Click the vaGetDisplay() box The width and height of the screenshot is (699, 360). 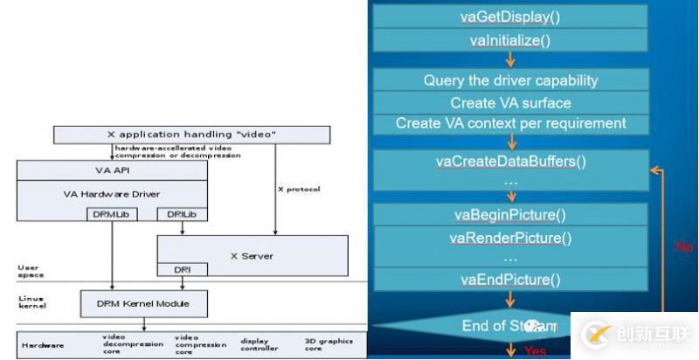tap(510, 17)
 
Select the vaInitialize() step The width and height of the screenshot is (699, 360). tap(510, 40)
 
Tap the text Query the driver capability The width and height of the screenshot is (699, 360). tap(510, 80)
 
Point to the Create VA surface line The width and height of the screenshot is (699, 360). tap(510, 102)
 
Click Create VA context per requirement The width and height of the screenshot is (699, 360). tap(510, 123)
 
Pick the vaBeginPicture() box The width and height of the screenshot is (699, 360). tap(510, 215)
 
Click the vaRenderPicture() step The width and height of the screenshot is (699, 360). tap(510, 238)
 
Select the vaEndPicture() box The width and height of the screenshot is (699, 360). tap(510, 280)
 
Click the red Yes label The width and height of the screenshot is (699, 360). tap(534, 352)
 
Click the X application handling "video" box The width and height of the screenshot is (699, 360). tap(192, 135)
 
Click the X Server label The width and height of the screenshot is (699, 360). tap(252, 256)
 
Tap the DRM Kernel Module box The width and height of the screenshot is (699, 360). tap(144, 303)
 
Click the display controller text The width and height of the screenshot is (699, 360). tap(256, 344)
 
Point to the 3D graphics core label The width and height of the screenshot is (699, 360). tap(316, 344)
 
